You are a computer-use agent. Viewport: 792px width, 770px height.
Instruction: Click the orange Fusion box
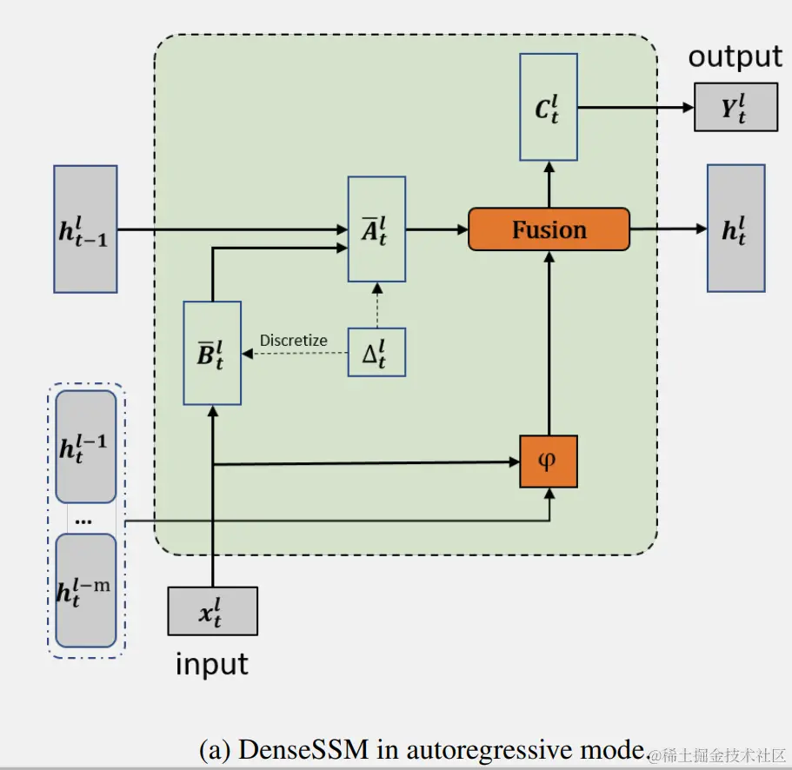[549, 229]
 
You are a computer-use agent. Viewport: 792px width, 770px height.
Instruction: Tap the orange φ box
[548, 461]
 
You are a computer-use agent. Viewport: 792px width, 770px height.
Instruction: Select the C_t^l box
[548, 107]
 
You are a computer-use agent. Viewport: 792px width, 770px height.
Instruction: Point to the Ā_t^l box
[376, 229]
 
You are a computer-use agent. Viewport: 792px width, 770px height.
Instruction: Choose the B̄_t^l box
[212, 353]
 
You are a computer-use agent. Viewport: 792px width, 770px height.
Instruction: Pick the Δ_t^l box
[376, 352]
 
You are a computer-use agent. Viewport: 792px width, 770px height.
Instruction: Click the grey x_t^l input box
[212, 611]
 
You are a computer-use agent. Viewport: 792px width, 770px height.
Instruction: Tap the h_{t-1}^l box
[85, 229]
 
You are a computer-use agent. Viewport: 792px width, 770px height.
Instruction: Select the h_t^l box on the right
[735, 229]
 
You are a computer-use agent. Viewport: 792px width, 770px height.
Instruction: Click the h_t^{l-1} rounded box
[85, 447]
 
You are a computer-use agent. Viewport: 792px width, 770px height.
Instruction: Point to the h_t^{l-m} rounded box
[85, 590]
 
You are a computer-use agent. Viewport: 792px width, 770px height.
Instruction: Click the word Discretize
[294, 341]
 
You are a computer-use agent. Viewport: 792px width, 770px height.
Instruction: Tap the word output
[735, 57]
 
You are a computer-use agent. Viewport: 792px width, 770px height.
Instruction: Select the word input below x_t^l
[212, 665]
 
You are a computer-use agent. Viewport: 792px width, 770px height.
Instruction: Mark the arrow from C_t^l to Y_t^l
[636, 107]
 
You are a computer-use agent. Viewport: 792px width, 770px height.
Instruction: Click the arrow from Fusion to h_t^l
[668, 229]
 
